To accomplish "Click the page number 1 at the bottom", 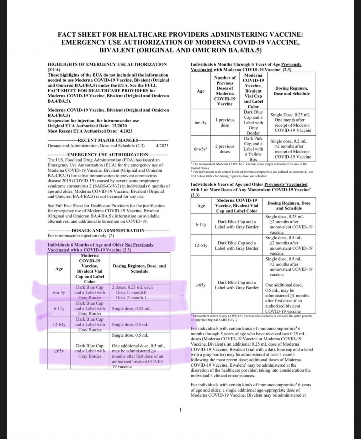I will coord(180,409).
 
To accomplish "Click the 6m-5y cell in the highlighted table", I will coord(59,293).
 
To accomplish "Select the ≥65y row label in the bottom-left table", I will coord(59,351).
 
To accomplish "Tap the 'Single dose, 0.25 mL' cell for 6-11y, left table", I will coord(131,308).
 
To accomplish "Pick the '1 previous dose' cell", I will coord(225,123).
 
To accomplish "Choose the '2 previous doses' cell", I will coord(225,149).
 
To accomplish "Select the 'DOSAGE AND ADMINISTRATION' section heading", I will coord(108,231).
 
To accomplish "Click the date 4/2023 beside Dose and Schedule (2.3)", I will coord(162,146).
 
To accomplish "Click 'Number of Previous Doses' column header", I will coord(225,91).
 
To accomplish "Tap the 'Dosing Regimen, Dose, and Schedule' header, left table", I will coord(139,268).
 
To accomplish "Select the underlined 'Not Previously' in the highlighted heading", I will coord(139,245).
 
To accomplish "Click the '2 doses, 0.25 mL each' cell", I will coord(132,287).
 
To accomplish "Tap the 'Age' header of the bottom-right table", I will coord(201,206).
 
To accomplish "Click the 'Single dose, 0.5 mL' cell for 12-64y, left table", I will coord(130,325).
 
